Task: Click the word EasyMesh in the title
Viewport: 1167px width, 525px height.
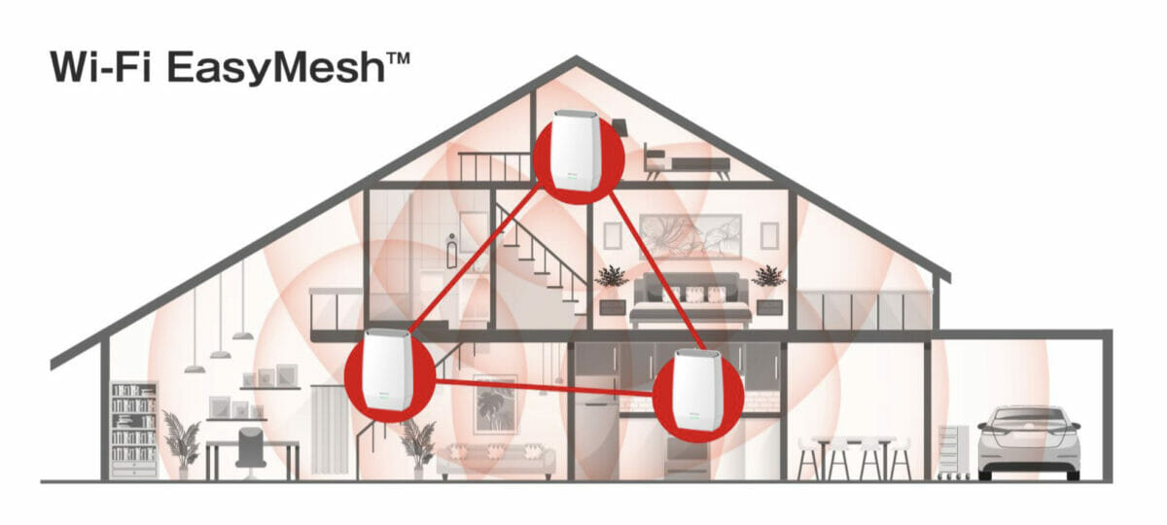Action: [x=276, y=68]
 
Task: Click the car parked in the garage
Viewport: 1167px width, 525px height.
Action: [x=1029, y=441]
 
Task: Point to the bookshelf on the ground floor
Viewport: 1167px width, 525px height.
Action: [x=134, y=430]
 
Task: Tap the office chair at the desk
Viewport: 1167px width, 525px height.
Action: [x=251, y=452]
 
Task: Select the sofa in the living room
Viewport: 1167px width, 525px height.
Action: [x=496, y=461]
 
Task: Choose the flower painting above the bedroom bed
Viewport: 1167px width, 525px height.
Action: [x=690, y=237]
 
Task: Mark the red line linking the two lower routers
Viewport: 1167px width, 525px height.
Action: [x=544, y=388]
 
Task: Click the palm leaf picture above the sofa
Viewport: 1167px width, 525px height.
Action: [x=496, y=403]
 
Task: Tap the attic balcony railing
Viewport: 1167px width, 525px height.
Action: [x=495, y=165]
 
